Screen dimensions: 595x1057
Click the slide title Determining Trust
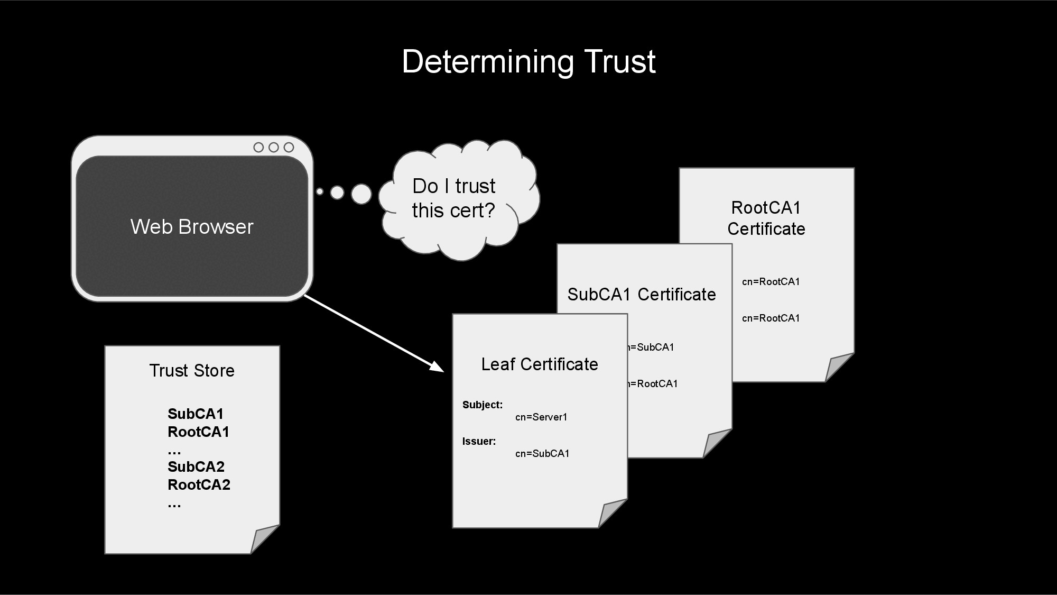(x=528, y=62)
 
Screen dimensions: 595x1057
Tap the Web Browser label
(x=192, y=227)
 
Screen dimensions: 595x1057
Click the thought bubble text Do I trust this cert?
(x=453, y=198)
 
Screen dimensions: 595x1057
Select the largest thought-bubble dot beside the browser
(x=361, y=194)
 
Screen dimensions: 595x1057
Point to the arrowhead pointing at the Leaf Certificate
(x=437, y=366)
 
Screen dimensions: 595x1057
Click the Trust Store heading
(x=192, y=371)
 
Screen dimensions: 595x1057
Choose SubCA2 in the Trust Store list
(x=196, y=466)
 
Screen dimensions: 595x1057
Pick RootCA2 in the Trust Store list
(x=199, y=484)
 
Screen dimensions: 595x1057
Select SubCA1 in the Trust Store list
(x=196, y=414)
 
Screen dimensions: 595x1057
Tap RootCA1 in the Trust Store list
(x=198, y=432)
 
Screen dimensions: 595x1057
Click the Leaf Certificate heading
(x=540, y=364)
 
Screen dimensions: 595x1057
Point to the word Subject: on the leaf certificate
(x=483, y=405)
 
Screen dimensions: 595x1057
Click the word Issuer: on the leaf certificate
(x=479, y=442)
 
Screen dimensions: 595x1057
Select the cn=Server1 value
(x=541, y=417)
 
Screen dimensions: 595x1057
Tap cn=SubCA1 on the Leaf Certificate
(x=542, y=454)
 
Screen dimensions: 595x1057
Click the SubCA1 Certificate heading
(x=642, y=295)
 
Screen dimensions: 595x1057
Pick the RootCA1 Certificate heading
(x=766, y=218)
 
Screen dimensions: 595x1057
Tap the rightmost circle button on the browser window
(x=289, y=147)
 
